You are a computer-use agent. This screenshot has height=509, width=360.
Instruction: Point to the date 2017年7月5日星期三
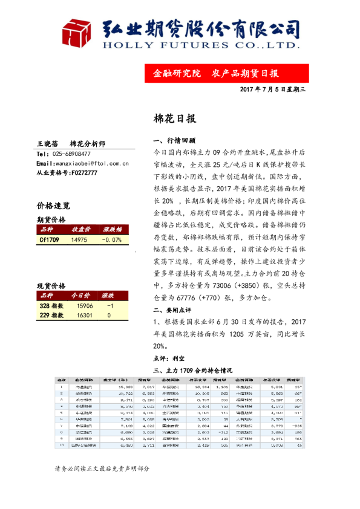[x=274, y=89]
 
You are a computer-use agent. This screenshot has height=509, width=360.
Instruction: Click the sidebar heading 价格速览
[x=53, y=206]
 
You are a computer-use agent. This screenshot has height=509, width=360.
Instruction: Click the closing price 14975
[x=79, y=240]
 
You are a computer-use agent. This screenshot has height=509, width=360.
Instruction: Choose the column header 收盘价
[x=82, y=230]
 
